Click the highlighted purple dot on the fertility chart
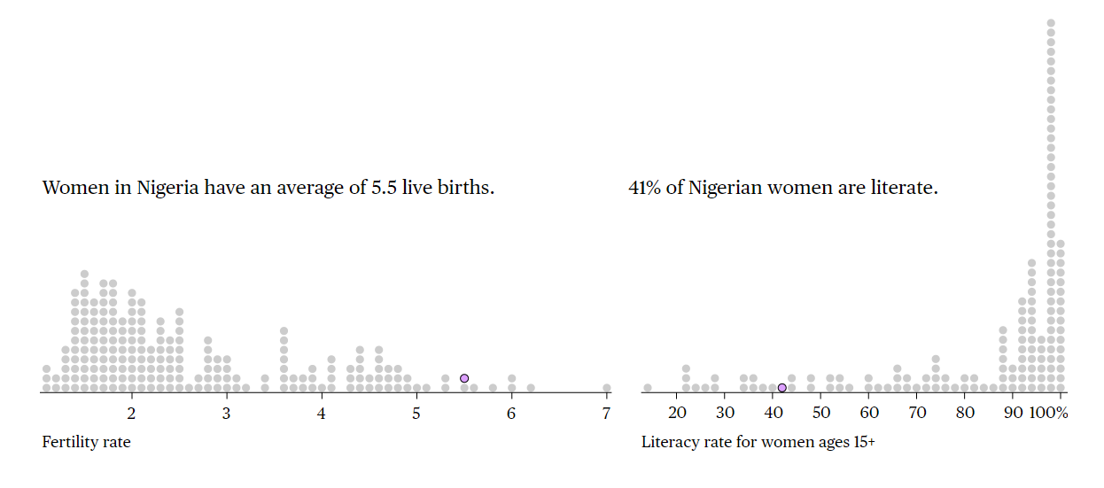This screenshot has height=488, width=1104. pos(463,378)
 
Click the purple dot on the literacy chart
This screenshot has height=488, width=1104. pos(781,388)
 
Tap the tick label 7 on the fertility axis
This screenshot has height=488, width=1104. pos(606,413)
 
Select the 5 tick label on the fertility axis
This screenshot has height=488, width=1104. pos(416,413)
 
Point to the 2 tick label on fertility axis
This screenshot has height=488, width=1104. pos(131,413)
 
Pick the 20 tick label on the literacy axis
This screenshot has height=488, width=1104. pos(678,413)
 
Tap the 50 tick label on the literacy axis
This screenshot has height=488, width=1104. pos(821,413)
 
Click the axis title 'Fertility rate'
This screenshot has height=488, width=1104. pos(86,442)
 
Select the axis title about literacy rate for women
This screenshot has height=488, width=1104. pos(758,442)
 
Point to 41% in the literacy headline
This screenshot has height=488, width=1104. pos(644,188)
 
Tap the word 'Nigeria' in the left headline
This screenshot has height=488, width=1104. pos(168,188)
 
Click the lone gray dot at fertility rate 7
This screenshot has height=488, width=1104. pos(606,388)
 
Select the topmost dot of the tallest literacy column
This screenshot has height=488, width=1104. pos(1051,22)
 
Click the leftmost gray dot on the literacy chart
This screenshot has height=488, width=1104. pos(648,388)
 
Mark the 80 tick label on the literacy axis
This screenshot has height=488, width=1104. pos(965,413)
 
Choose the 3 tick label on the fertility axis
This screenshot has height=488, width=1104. pos(226,413)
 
